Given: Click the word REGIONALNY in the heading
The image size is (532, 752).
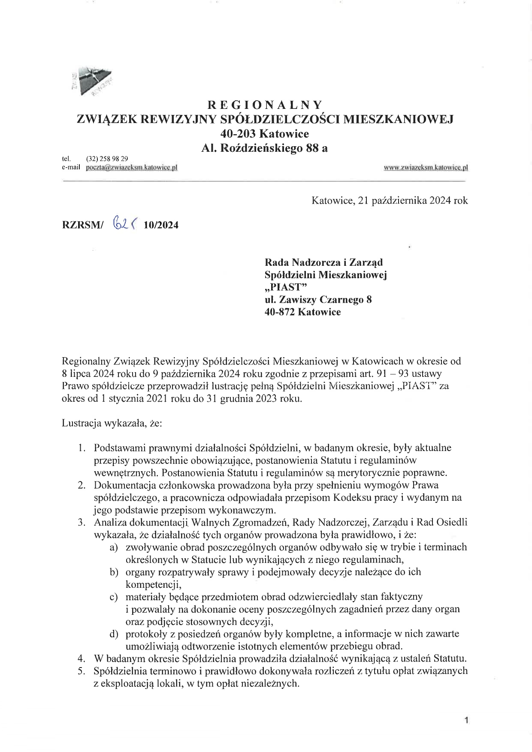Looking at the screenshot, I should [265, 105].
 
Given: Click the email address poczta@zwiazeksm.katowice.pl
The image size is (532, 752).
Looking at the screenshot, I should [132, 167].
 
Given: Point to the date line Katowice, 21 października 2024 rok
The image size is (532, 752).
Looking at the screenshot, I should [390, 200].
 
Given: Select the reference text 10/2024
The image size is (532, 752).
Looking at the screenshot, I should [161, 225].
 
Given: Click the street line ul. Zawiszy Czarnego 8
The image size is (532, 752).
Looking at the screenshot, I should [318, 299].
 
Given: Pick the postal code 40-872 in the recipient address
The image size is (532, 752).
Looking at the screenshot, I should [280, 312].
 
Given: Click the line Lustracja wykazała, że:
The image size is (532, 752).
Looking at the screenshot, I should [112, 423].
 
